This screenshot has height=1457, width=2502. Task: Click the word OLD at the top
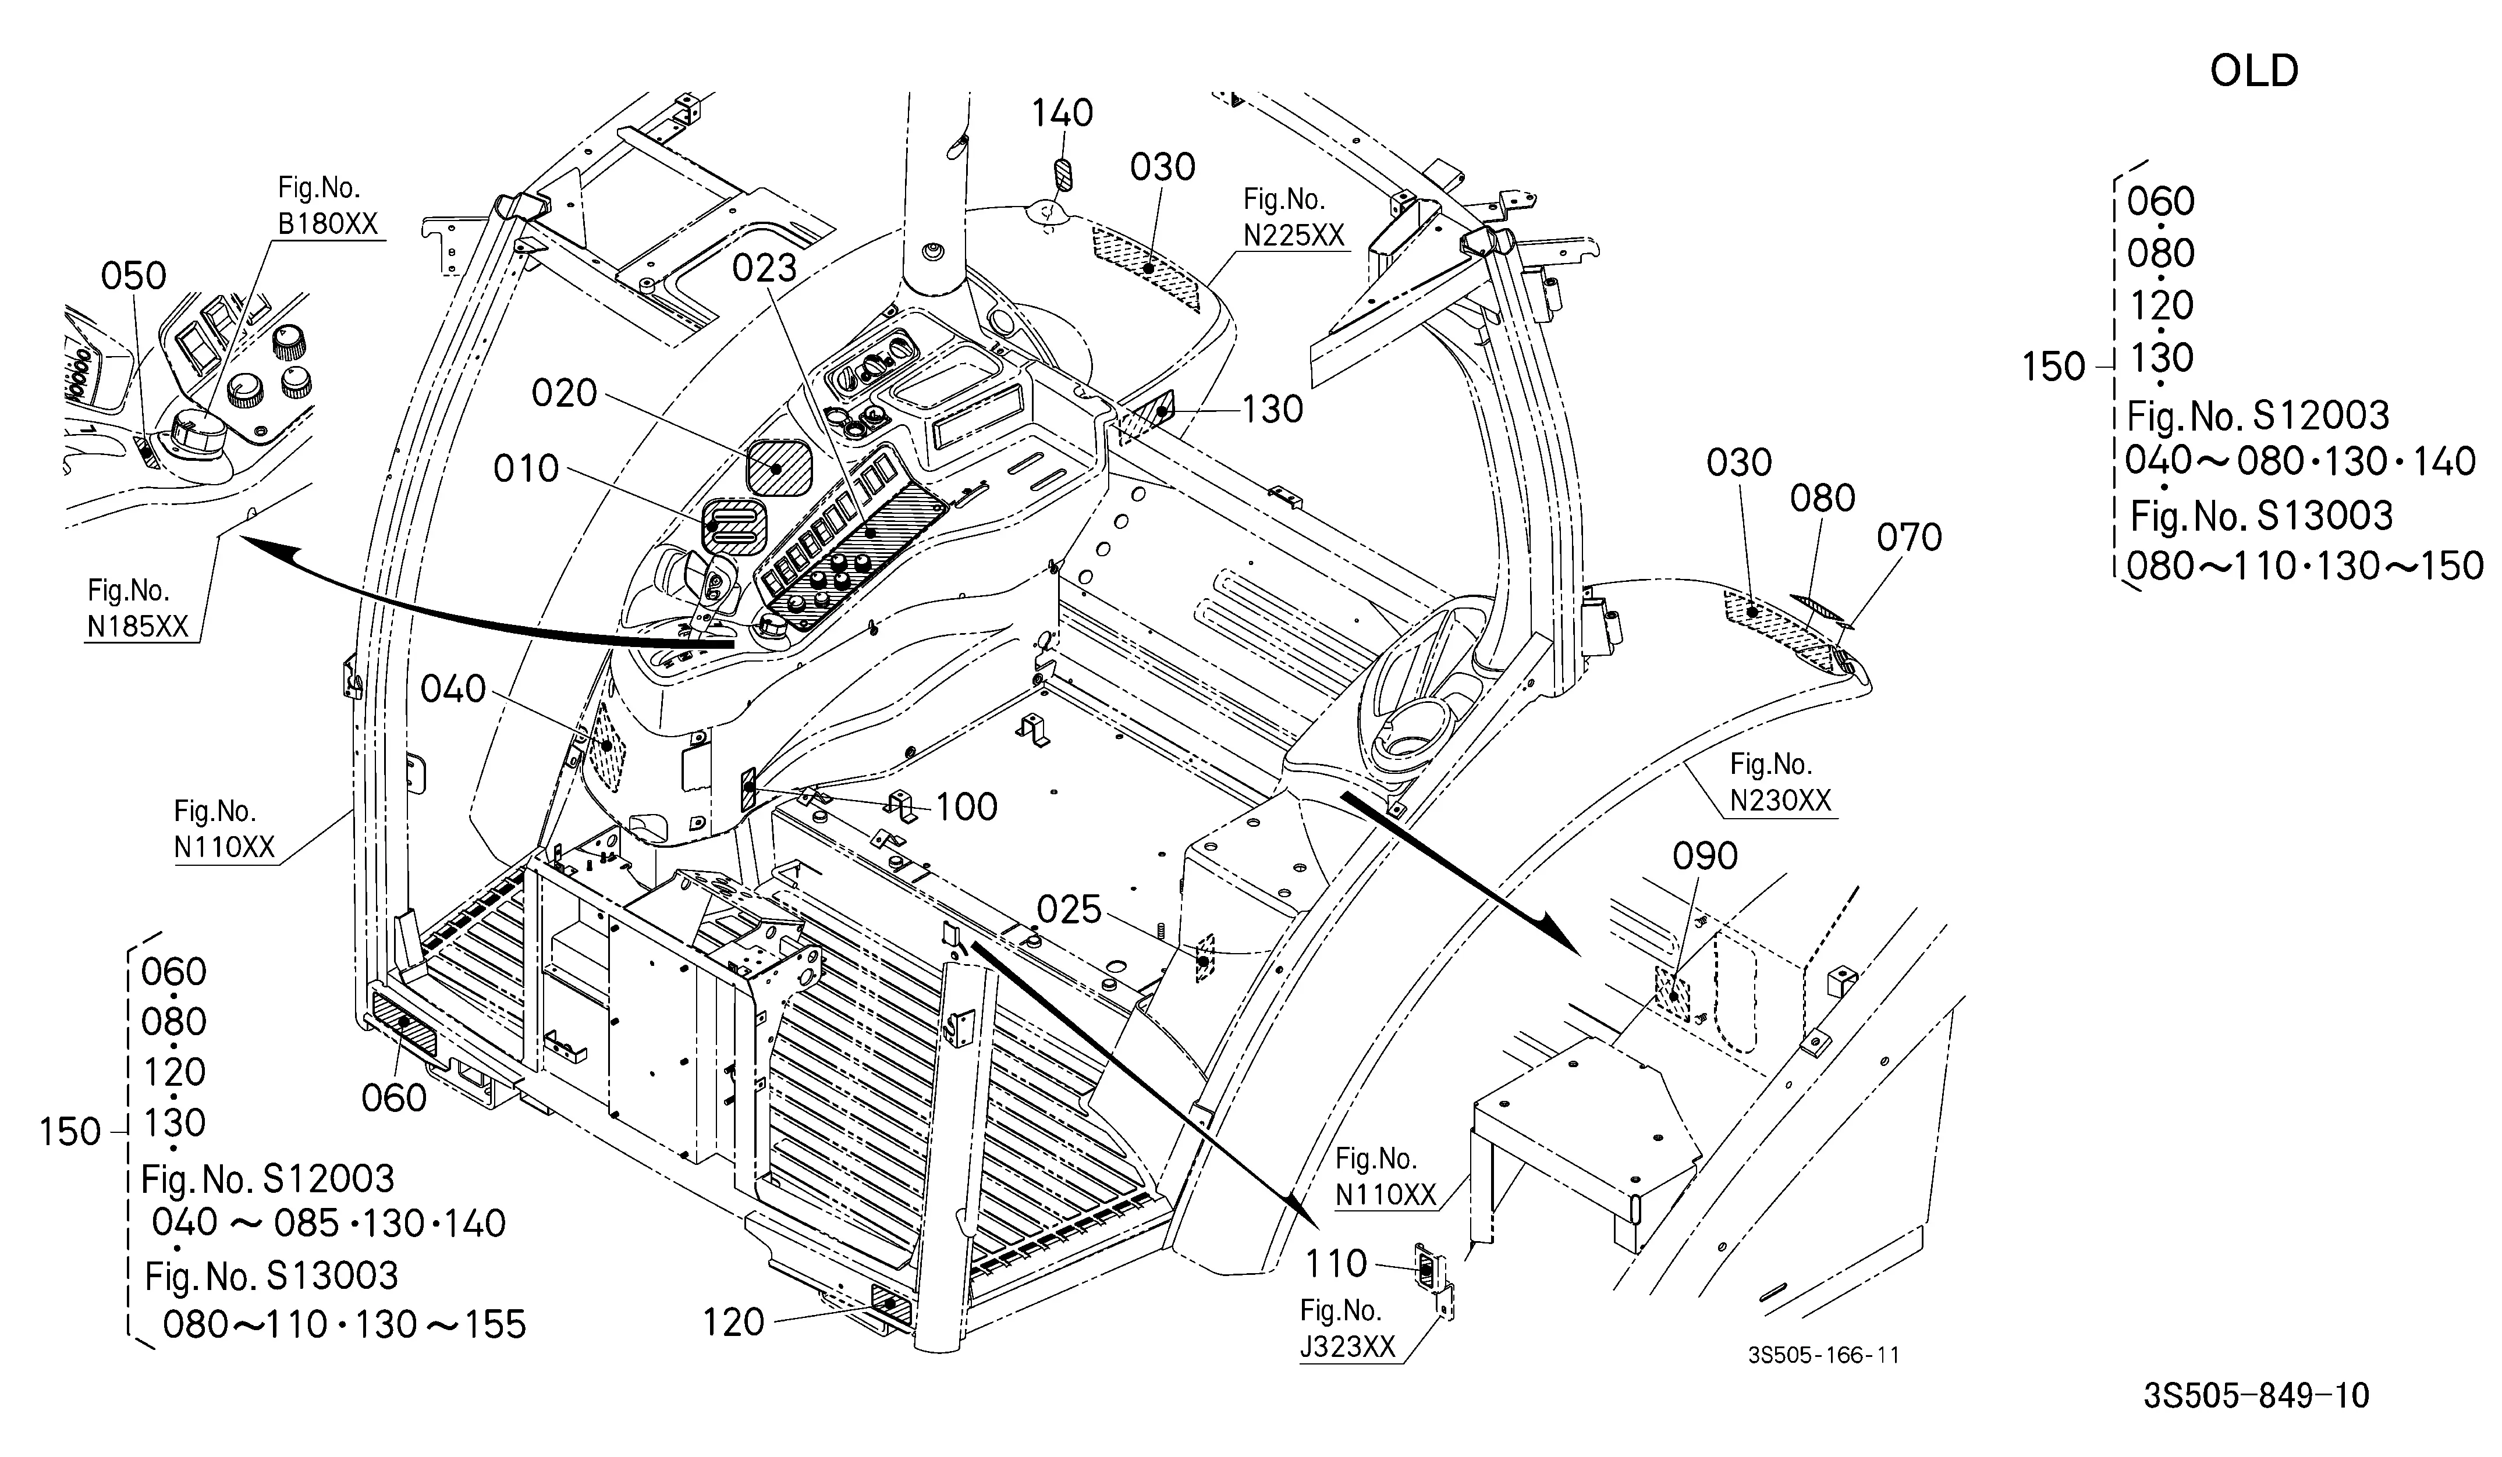2254,70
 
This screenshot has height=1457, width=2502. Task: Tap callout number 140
1062,113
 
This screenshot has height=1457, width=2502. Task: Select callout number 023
765,268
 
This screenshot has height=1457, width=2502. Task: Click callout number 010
526,468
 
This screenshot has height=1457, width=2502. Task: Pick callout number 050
134,276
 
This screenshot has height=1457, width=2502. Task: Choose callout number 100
966,807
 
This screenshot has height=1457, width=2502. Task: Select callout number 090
1705,855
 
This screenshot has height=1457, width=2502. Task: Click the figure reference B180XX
328,223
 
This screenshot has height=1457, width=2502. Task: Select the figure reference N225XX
1294,235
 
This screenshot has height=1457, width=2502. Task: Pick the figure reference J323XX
1347,1347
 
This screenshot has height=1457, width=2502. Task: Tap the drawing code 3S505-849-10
2256,1395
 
